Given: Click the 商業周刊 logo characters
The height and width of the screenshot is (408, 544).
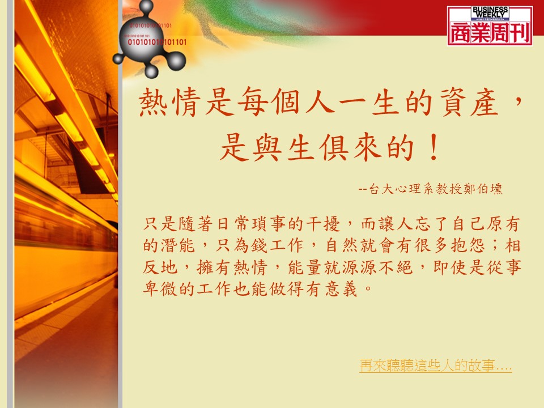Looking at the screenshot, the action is pyautogui.click(x=490, y=33).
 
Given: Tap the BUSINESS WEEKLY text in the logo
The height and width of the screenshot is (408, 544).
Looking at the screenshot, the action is pyautogui.click(x=490, y=12).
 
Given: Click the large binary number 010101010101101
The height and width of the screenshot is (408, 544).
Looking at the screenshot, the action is pyautogui.click(x=157, y=42).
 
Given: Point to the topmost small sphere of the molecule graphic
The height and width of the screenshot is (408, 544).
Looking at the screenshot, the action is pyautogui.click(x=146, y=6).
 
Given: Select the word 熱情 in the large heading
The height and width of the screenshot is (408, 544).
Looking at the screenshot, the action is pyautogui.click(x=170, y=102).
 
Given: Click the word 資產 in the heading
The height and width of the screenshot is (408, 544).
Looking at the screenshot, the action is pyautogui.click(x=469, y=102).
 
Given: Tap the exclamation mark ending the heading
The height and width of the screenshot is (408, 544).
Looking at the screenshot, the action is pyautogui.click(x=433, y=148).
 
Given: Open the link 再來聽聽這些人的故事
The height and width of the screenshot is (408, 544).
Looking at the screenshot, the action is pyautogui.click(x=435, y=365).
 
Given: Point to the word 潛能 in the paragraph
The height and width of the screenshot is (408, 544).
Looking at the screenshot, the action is pyautogui.click(x=177, y=245).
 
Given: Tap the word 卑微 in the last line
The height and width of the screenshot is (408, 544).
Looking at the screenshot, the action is pyautogui.click(x=160, y=288).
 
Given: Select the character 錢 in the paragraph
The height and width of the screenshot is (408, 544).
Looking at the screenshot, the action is pyautogui.click(x=259, y=245).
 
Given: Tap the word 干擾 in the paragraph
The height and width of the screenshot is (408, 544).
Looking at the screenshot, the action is pyautogui.click(x=323, y=224).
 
